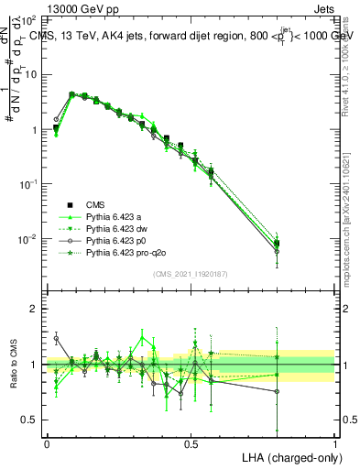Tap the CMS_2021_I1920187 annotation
(x=190, y=273)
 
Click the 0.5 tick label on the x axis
(x=191, y=442)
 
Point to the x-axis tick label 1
(x=334, y=442)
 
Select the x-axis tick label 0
(x=47, y=442)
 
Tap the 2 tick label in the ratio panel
(x=35, y=310)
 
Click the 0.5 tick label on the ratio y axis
(x=30, y=420)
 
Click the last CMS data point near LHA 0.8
(x=277, y=243)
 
